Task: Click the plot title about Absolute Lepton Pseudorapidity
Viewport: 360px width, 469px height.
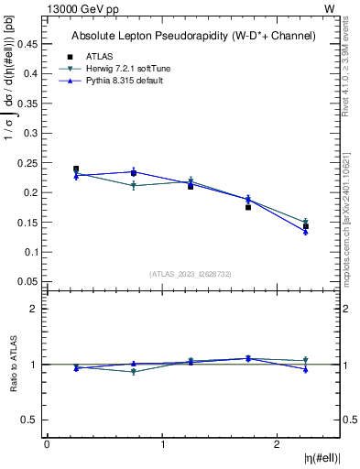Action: point(193,36)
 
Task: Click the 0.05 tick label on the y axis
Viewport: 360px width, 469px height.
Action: point(30,281)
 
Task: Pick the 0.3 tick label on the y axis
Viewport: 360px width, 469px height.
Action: point(33,134)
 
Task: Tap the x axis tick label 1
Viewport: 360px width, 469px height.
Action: point(162,444)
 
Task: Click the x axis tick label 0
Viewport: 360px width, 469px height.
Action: point(47,444)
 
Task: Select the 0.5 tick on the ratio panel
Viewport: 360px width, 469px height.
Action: point(33,420)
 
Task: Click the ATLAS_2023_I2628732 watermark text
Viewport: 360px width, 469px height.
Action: point(190,273)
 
